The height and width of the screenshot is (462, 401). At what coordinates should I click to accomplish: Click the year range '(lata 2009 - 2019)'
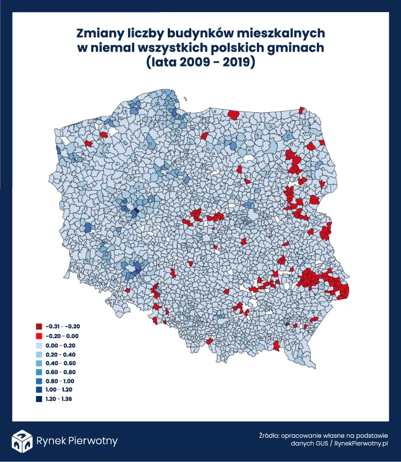pyautogui.click(x=200, y=62)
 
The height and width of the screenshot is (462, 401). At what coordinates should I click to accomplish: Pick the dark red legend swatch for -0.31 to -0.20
pyautogui.click(x=39, y=325)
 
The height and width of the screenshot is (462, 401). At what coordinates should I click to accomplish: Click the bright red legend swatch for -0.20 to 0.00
pyautogui.click(x=39, y=334)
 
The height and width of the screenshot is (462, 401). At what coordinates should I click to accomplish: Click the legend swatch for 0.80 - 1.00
pyautogui.click(x=39, y=381)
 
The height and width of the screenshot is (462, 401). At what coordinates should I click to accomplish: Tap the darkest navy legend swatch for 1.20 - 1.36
pyautogui.click(x=39, y=399)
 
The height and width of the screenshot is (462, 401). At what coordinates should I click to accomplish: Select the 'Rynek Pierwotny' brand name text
pyautogui.click(x=76, y=441)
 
